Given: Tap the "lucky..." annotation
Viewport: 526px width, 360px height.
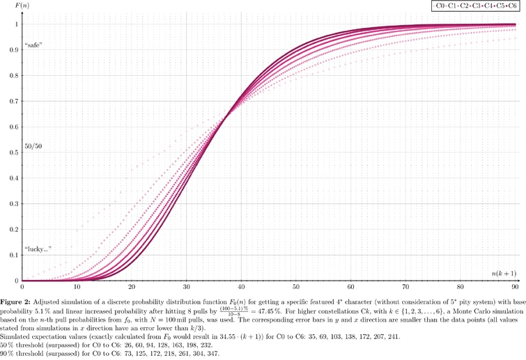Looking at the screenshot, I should click(38, 249).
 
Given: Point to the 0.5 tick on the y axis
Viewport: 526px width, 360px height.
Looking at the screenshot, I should click(14, 152).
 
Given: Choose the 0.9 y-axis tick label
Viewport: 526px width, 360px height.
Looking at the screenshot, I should click(14, 50).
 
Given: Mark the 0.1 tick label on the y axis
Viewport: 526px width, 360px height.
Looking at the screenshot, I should click(14, 256).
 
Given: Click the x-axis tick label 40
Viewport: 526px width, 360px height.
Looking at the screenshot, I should click(242, 286).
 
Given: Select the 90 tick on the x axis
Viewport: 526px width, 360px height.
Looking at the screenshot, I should click(515, 286).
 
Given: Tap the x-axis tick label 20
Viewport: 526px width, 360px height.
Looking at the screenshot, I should click(132, 286).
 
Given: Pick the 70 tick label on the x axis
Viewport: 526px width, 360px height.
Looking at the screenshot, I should click(405, 286).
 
